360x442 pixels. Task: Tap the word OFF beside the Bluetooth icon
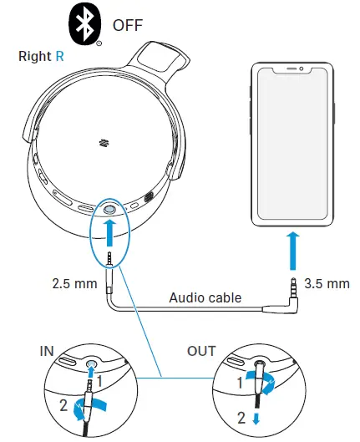(x=129, y=24)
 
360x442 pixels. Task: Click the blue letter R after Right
(x=59, y=58)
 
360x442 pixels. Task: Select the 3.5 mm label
(x=327, y=284)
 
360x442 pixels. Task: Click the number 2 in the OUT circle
(x=241, y=419)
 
